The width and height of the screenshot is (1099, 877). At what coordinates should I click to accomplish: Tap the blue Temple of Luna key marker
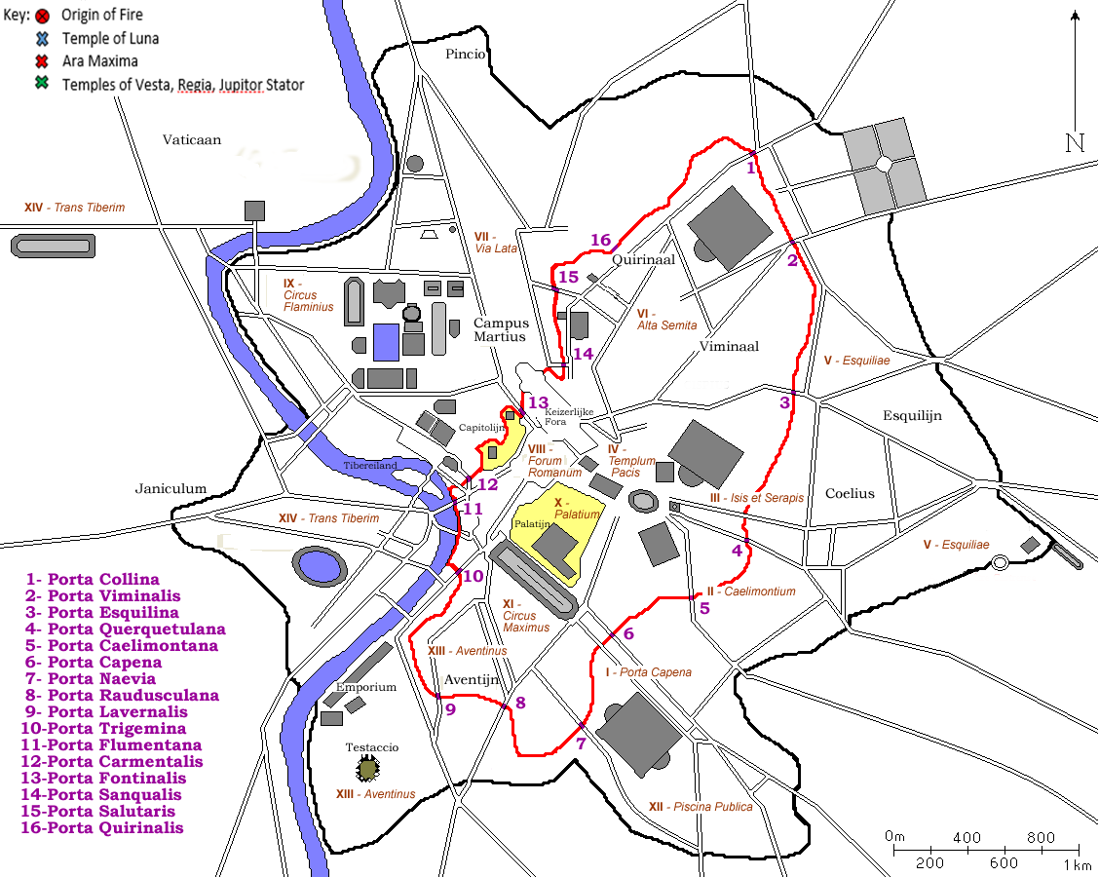pyautogui.click(x=42, y=39)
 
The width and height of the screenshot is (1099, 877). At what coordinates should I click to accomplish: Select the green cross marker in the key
pyautogui.click(x=42, y=84)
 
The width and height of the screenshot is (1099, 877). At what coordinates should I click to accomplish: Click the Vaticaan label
pyautogui.click(x=192, y=140)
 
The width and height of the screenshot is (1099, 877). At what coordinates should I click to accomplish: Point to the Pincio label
pyautogui.click(x=465, y=55)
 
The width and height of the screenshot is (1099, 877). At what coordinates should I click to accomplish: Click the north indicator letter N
pyautogui.click(x=1075, y=143)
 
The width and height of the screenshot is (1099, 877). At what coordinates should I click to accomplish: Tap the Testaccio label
pyautogui.click(x=372, y=747)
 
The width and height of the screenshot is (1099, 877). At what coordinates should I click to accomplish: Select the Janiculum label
pyautogui.click(x=171, y=488)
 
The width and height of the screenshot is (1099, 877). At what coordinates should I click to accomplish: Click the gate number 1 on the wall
pyautogui.click(x=751, y=168)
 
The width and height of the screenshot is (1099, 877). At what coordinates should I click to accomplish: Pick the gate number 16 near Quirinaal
pyautogui.click(x=600, y=240)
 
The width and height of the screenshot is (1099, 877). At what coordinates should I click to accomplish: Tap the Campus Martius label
pyautogui.click(x=501, y=329)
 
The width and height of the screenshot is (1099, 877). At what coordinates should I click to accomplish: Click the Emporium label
pyautogui.click(x=366, y=687)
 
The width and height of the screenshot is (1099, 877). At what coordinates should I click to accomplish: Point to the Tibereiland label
pyautogui.click(x=370, y=466)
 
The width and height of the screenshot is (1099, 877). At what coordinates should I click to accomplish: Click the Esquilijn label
pyautogui.click(x=913, y=416)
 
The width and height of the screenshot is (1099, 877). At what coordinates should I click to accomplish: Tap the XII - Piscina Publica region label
pyautogui.click(x=700, y=807)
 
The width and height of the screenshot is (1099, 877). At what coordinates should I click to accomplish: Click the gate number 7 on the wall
pyautogui.click(x=581, y=744)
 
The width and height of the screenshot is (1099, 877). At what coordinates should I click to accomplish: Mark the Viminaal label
pyautogui.click(x=729, y=346)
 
